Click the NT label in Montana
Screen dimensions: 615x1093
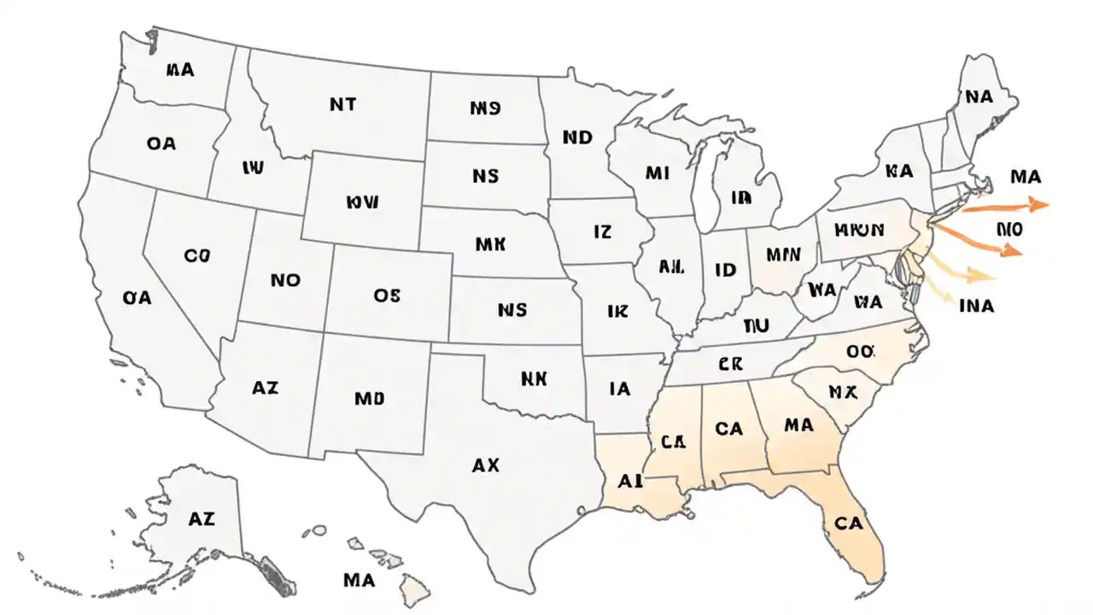pyautogui.click(x=342, y=104)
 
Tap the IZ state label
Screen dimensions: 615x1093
pyautogui.click(x=602, y=231)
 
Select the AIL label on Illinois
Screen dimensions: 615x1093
pyautogui.click(x=672, y=266)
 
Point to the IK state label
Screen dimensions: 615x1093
pyautogui.click(x=617, y=312)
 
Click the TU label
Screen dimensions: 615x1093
pyautogui.click(x=757, y=325)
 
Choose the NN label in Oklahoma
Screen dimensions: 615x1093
pyautogui.click(x=534, y=377)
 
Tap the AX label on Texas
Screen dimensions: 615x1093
pyautogui.click(x=485, y=466)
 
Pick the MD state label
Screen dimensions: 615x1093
pyautogui.click(x=369, y=398)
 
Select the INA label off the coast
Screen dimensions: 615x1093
pyautogui.click(x=977, y=305)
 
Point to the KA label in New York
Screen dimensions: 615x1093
pyautogui.click(x=899, y=171)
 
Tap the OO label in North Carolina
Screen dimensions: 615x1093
pyautogui.click(x=861, y=351)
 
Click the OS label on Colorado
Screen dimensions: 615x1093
pyautogui.click(x=387, y=295)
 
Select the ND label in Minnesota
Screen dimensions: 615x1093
pyautogui.click(x=578, y=137)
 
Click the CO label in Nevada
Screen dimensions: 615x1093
pyautogui.click(x=196, y=255)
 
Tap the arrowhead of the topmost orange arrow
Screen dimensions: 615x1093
pyautogui.click(x=1040, y=204)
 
